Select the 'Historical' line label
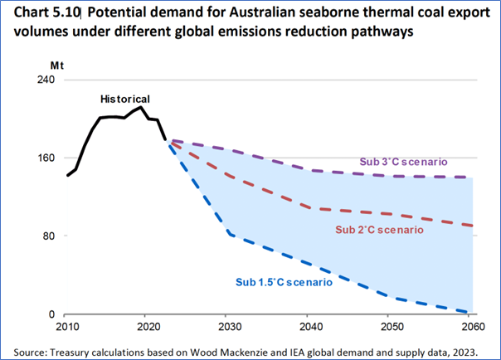[x=125, y=99]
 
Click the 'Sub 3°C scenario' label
[x=402, y=162]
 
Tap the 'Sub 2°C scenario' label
[x=379, y=229]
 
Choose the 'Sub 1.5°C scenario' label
[x=284, y=283]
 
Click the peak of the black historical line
[x=142, y=107]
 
